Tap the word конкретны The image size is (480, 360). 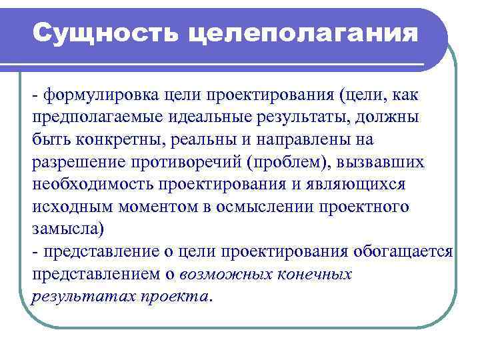point(110,140)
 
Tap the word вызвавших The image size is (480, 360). point(386,163)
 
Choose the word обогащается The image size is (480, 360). point(403,251)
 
